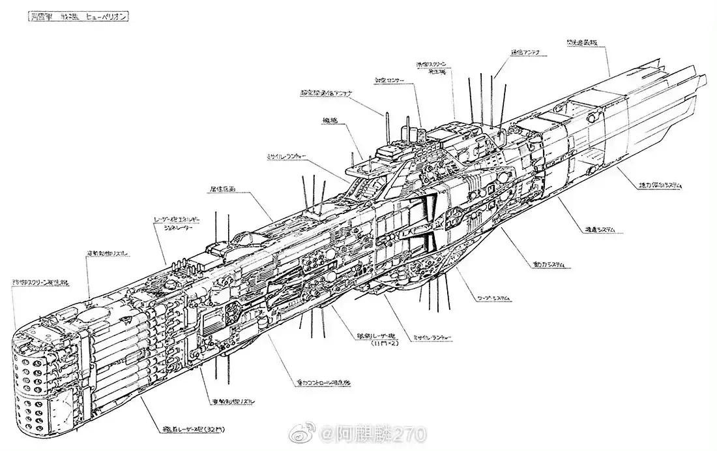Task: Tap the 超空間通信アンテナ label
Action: click(326, 94)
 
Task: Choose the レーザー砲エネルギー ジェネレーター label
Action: click(177, 223)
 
